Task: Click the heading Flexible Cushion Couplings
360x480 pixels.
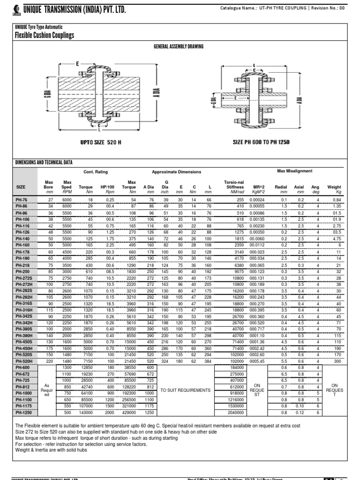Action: coord(44,35)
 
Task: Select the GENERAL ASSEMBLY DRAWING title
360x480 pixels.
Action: coord(180,47)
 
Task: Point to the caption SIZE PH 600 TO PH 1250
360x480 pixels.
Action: coord(258,142)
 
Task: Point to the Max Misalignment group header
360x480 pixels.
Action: coord(294,171)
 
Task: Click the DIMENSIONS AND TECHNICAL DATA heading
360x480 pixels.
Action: coord(44,162)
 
